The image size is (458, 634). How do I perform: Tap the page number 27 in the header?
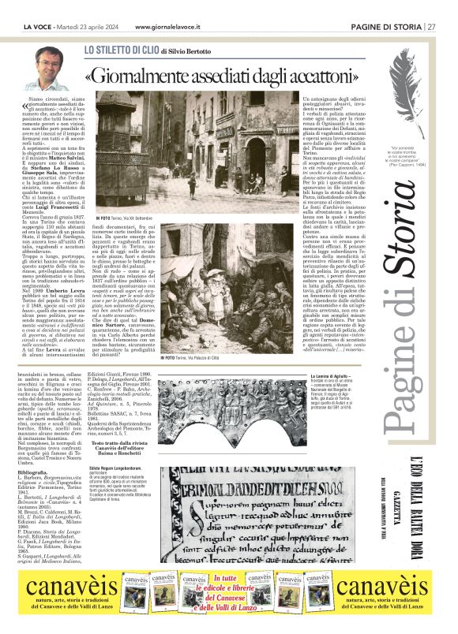coord(432,27)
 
